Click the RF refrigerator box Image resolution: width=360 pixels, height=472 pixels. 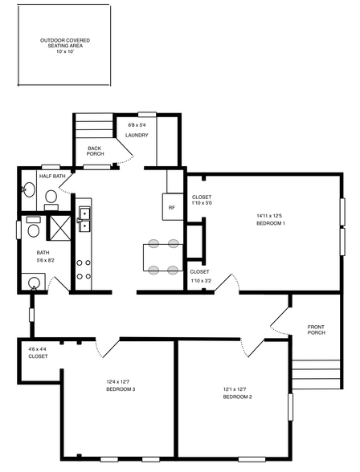[173, 206]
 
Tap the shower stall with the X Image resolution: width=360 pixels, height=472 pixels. [60, 228]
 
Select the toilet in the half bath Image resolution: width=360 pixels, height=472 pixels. [51, 200]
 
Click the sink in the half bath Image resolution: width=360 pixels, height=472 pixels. [29, 189]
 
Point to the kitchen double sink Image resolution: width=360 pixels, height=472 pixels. [84, 219]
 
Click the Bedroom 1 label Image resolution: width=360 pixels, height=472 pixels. [271, 223]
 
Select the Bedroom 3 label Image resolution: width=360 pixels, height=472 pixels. [121, 389]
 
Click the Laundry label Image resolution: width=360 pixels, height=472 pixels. [137, 136]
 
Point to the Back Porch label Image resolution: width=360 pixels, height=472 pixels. [95, 151]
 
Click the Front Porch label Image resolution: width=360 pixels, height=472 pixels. [317, 330]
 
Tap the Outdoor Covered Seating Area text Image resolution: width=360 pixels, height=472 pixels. [65, 43]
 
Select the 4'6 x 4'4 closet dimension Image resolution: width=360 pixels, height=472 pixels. [37, 349]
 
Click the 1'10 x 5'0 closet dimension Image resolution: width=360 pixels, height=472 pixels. [202, 203]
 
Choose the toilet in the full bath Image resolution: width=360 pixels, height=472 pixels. [33, 228]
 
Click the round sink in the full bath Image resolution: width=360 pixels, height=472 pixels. [34, 283]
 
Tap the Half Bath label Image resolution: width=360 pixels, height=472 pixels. [52, 176]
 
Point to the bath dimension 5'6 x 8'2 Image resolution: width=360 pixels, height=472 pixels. [46, 260]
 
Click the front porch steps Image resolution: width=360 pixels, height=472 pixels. [317, 374]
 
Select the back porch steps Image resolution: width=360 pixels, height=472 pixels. [94, 125]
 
